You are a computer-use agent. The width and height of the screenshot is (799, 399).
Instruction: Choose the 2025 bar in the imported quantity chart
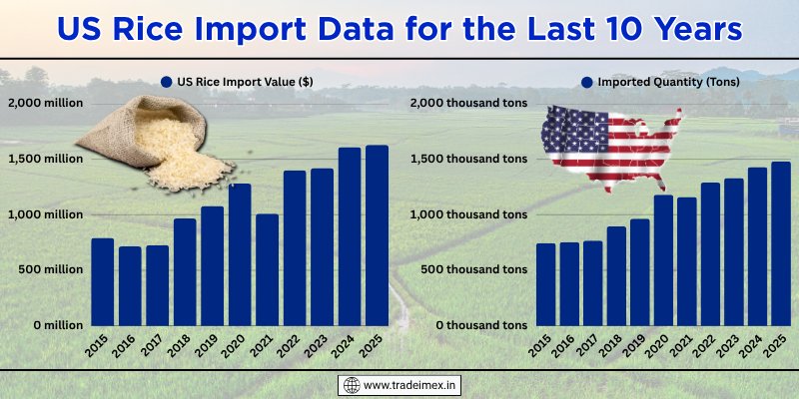point(780,243)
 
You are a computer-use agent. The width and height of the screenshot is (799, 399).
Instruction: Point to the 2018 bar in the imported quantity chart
point(616,276)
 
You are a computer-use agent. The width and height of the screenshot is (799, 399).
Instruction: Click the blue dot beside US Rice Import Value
point(166,83)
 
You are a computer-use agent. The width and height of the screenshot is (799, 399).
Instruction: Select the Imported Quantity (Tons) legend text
point(668,83)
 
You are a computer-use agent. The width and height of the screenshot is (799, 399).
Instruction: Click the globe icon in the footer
point(350,385)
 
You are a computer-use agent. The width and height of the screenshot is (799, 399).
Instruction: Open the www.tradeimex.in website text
point(410,385)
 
